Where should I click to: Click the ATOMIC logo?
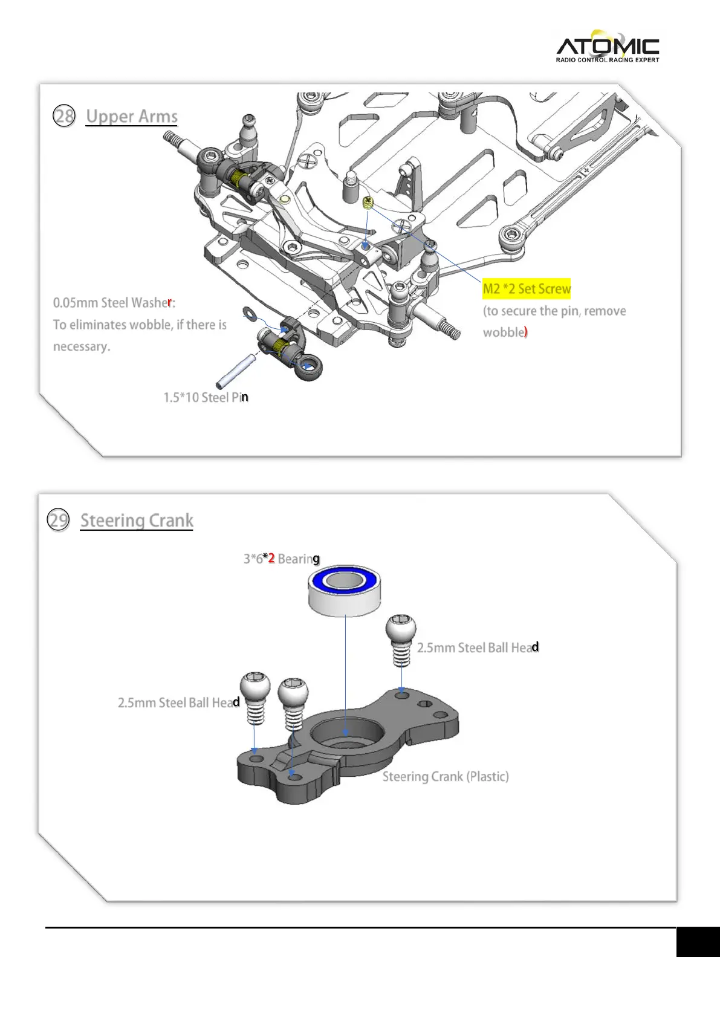pyautogui.click(x=607, y=47)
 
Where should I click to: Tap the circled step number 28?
pyautogui.click(x=64, y=115)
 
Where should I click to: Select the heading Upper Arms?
pyautogui.click(x=132, y=116)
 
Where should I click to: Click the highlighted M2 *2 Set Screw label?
pyautogui.click(x=526, y=289)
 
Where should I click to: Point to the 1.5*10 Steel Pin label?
pyautogui.click(x=206, y=397)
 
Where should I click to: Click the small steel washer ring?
pyautogui.click(x=249, y=313)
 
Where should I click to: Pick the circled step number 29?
pyautogui.click(x=59, y=520)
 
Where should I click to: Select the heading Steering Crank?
pyautogui.click(x=137, y=520)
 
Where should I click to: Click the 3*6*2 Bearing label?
pyautogui.click(x=281, y=559)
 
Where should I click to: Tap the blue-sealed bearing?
pyautogui.click(x=344, y=591)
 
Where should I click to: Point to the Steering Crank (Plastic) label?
pyautogui.click(x=446, y=776)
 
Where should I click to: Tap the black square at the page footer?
pyautogui.click(x=698, y=942)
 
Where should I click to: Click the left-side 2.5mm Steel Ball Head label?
pyautogui.click(x=178, y=702)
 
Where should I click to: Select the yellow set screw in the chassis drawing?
pyautogui.click(x=368, y=204)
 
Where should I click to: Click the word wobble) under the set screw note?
pyautogui.click(x=505, y=332)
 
